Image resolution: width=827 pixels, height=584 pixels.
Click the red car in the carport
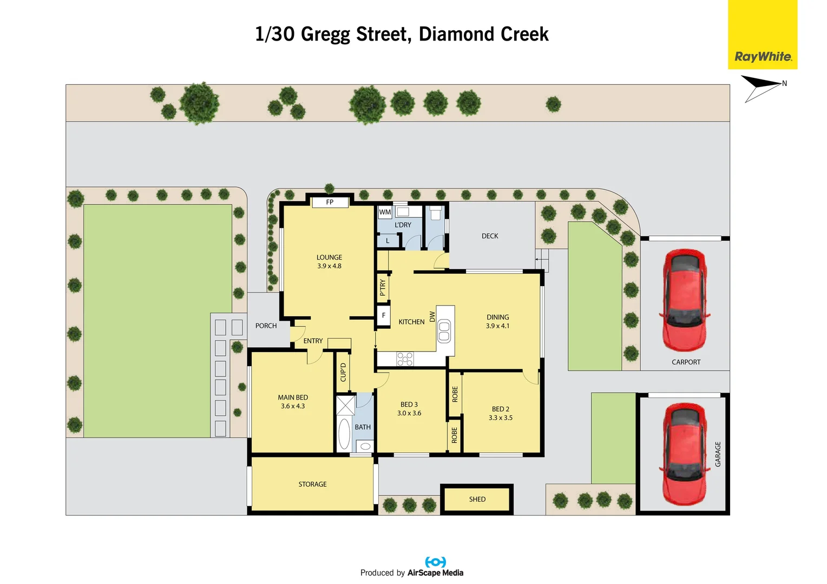(685, 300)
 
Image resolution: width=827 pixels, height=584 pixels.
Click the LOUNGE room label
(329, 257)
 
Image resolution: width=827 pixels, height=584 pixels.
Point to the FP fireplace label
(330, 202)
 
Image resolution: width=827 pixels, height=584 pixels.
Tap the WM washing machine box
(385, 212)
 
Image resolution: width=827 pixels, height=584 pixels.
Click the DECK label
(490, 236)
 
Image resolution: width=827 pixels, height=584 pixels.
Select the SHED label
(477, 499)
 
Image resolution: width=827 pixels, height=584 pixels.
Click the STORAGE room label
(312, 485)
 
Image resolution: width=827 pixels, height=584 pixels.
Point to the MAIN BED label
(293, 397)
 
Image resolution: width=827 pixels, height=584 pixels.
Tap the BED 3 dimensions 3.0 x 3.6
(409, 413)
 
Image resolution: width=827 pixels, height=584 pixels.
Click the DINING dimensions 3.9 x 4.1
(497, 326)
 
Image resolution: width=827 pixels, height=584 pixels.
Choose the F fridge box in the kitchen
(384, 316)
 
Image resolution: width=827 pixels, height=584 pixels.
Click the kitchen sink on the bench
(444, 331)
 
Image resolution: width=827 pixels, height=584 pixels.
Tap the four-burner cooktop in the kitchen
(405, 359)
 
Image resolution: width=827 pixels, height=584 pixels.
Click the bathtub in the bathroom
(344, 434)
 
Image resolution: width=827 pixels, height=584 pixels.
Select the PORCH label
(266, 326)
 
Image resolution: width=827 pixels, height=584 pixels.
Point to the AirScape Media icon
(435, 562)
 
